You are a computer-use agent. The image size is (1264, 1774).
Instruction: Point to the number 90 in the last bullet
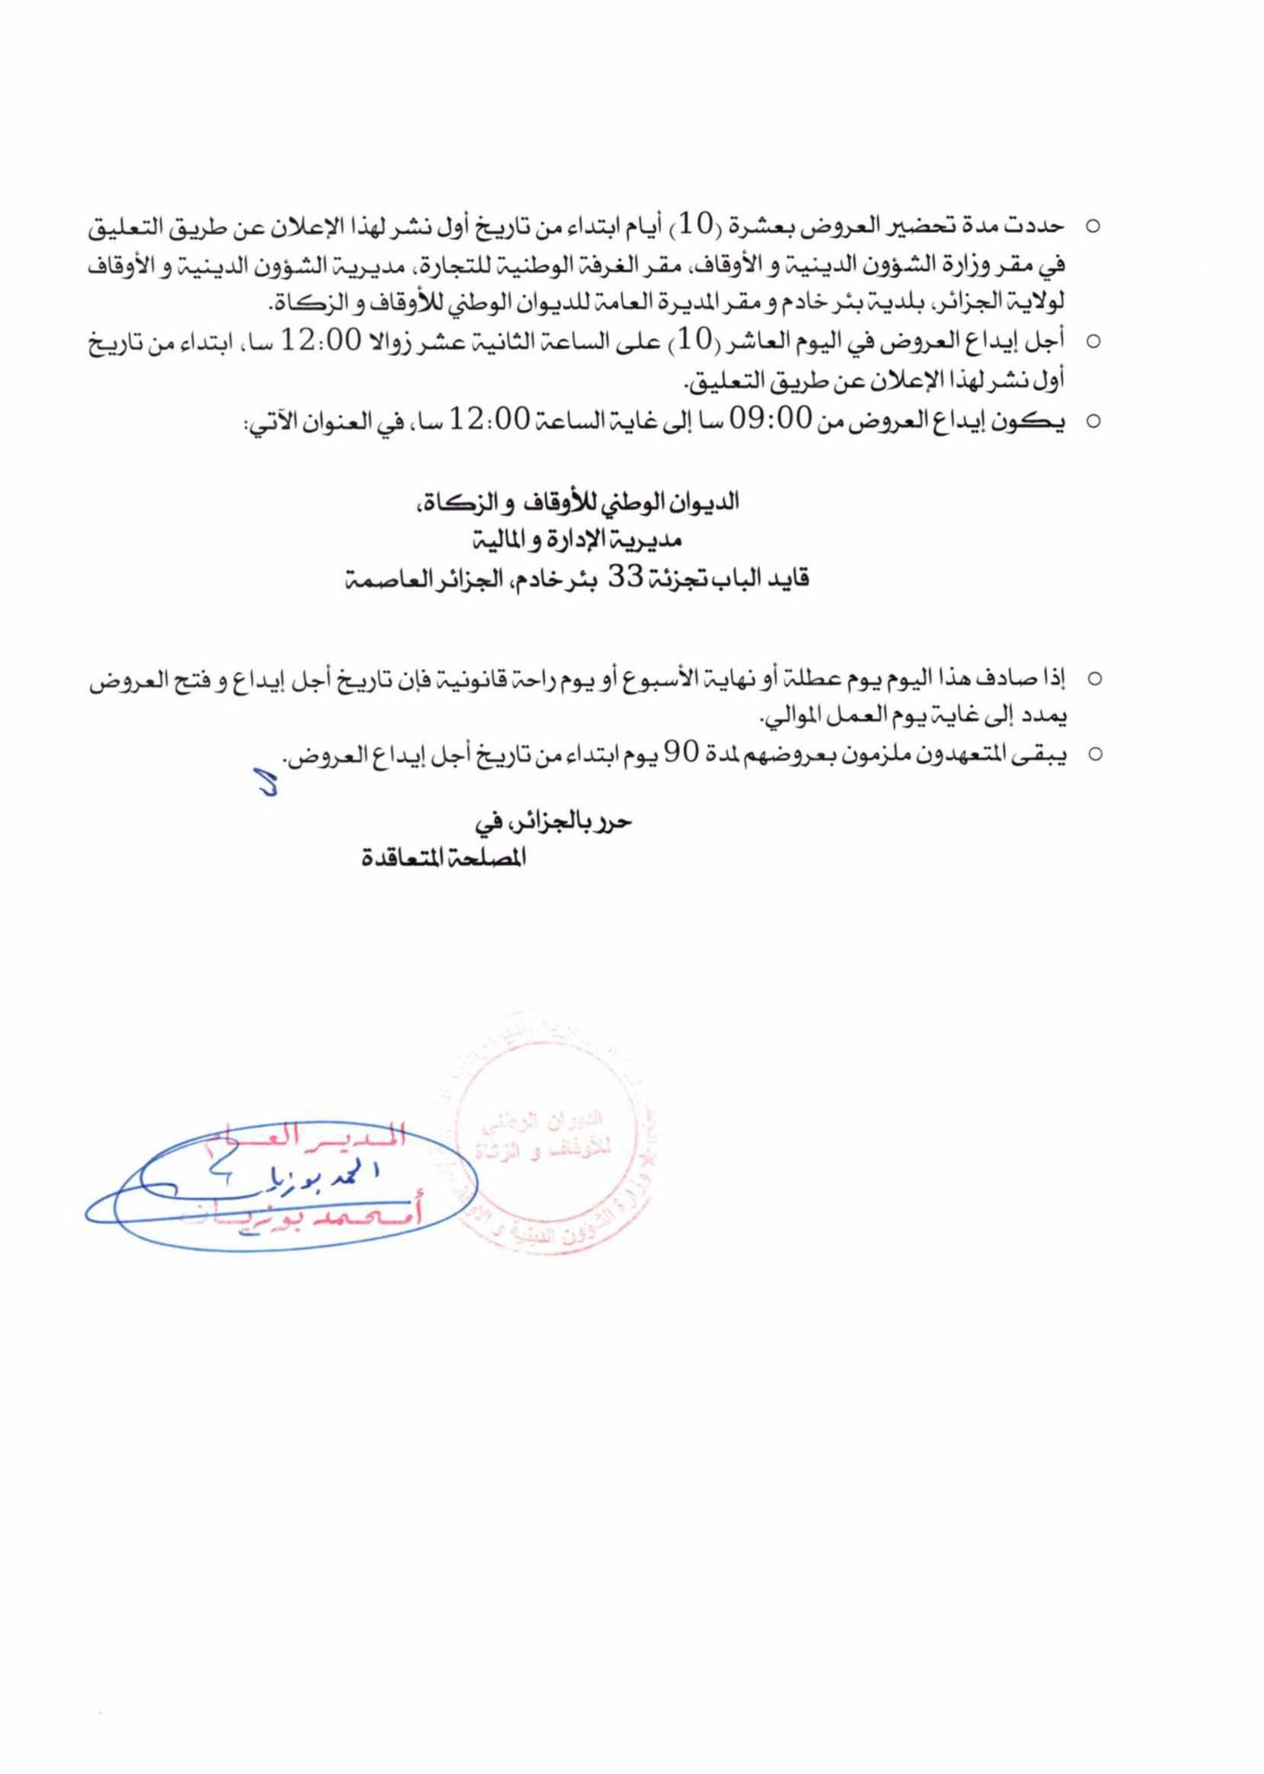coord(681,754)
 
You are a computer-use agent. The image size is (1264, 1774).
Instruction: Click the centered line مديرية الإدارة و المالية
coord(577,540)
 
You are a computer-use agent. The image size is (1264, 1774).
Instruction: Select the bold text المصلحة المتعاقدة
coord(444,858)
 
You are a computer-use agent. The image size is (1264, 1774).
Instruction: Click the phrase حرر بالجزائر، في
coord(554,821)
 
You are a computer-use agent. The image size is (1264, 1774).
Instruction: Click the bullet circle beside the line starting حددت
coord(1093,227)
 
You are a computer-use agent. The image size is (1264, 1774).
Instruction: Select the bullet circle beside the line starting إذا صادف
coord(1094,678)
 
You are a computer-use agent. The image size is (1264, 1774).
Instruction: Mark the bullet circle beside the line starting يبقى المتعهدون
coord(1094,754)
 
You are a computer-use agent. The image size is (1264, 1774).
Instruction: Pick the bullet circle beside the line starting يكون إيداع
coord(1093,422)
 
